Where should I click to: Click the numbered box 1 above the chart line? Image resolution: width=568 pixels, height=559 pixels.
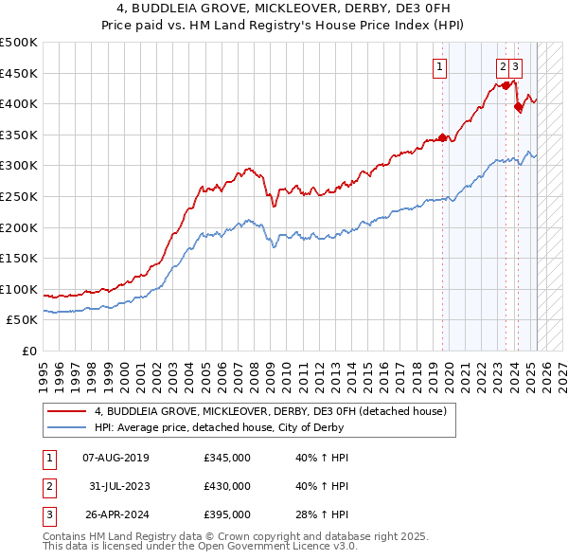[441, 66]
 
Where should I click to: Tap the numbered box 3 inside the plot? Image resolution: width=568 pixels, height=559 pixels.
[515, 66]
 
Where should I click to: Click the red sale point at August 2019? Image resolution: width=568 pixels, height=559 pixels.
[442, 138]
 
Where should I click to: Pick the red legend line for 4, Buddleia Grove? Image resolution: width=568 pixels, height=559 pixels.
[66, 411]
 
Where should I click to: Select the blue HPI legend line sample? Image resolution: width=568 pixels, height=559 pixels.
[66, 427]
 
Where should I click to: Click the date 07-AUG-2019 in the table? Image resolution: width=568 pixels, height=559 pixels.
[115, 459]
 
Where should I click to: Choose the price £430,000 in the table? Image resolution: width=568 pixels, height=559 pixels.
[227, 486]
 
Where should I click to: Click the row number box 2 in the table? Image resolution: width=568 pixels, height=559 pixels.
[48, 486]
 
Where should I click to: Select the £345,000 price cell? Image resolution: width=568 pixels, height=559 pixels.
[227, 459]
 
